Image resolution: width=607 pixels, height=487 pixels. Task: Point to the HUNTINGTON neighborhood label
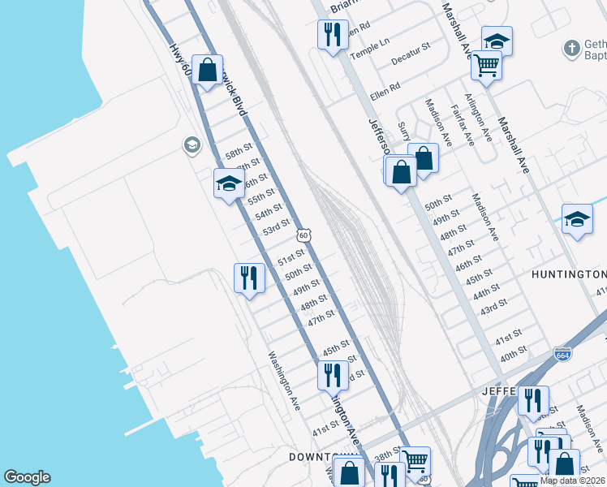click(x=569, y=274)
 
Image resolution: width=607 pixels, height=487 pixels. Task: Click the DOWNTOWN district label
click(x=319, y=457)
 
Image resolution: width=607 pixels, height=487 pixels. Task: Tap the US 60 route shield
click(x=303, y=235)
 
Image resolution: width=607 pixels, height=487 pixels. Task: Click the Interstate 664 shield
click(x=563, y=355)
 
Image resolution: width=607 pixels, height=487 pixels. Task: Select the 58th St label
click(x=239, y=152)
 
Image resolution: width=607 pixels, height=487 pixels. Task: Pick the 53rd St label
click(x=276, y=227)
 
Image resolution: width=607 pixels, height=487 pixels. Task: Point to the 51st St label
click(x=290, y=259)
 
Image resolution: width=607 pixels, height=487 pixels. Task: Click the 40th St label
click(x=514, y=356)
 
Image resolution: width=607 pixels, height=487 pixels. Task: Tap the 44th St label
click(x=486, y=291)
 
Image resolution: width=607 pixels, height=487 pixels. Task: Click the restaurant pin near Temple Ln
click(x=332, y=34)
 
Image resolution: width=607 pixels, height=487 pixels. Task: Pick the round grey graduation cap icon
click(x=192, y=145)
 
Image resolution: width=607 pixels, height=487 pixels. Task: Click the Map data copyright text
click(x=571, y=481)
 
